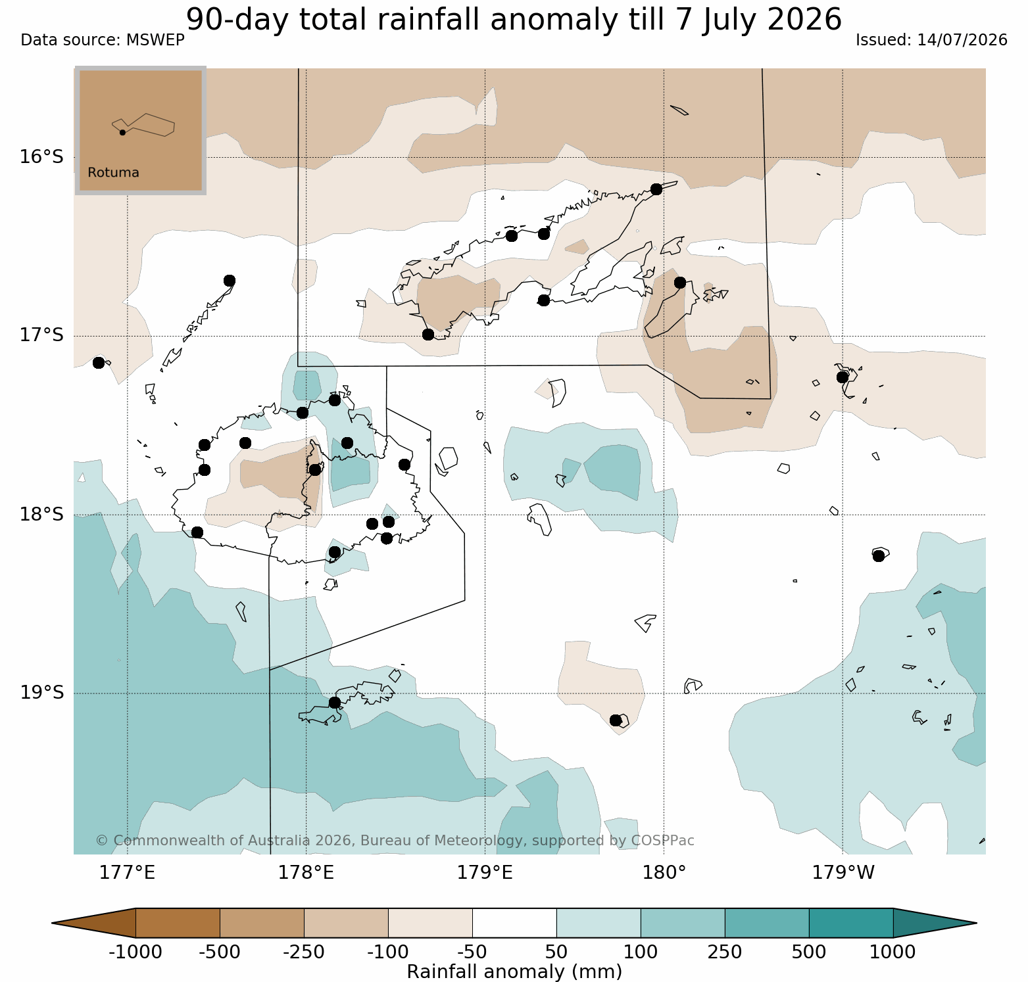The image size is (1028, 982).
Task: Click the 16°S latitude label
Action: click(41, 157)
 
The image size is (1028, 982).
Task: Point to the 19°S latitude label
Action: click(41, 693)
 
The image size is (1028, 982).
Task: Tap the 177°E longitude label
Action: click(128, 873)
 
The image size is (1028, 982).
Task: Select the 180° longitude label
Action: click(664, 873)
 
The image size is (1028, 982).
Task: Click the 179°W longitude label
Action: click(843, 873)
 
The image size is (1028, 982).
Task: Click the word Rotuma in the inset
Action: click(114, 173)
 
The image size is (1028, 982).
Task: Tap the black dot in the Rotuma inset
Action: click(122, 132)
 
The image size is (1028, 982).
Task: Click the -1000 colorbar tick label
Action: click(135, 952)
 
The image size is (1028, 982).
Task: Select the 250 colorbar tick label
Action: click(725, 952)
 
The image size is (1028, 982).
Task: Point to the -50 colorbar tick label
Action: click(472, 952)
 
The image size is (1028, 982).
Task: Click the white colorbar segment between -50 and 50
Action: click(514, 923)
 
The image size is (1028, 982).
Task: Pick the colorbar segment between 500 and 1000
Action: click(851, 923)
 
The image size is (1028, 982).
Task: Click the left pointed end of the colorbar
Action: click(53, 923)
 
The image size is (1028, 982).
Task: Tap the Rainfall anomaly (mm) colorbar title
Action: click(514, 971)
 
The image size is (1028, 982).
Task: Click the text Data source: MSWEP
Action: click(103, 40)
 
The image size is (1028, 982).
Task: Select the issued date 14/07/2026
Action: click(962, 40)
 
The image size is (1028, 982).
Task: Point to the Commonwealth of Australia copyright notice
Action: click(395, 841)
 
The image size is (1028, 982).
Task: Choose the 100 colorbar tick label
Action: click(641, 952)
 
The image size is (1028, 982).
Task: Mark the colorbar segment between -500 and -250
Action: click(262, 923)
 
